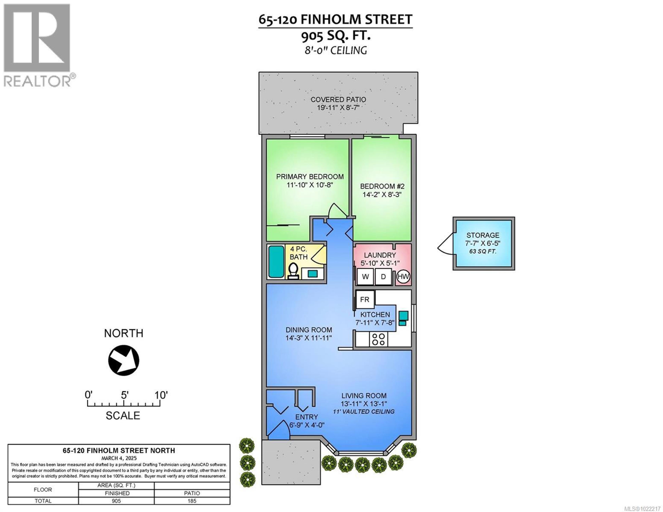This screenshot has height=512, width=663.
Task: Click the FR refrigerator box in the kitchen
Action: [365, 300]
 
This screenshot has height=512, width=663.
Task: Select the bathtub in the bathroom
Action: [276, 262]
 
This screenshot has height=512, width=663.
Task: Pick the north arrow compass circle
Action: [124, 360]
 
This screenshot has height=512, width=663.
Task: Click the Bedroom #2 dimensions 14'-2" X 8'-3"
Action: [382, 194]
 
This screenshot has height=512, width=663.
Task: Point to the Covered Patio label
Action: [338, 100]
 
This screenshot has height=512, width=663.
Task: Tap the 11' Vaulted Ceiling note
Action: [363, 412]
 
